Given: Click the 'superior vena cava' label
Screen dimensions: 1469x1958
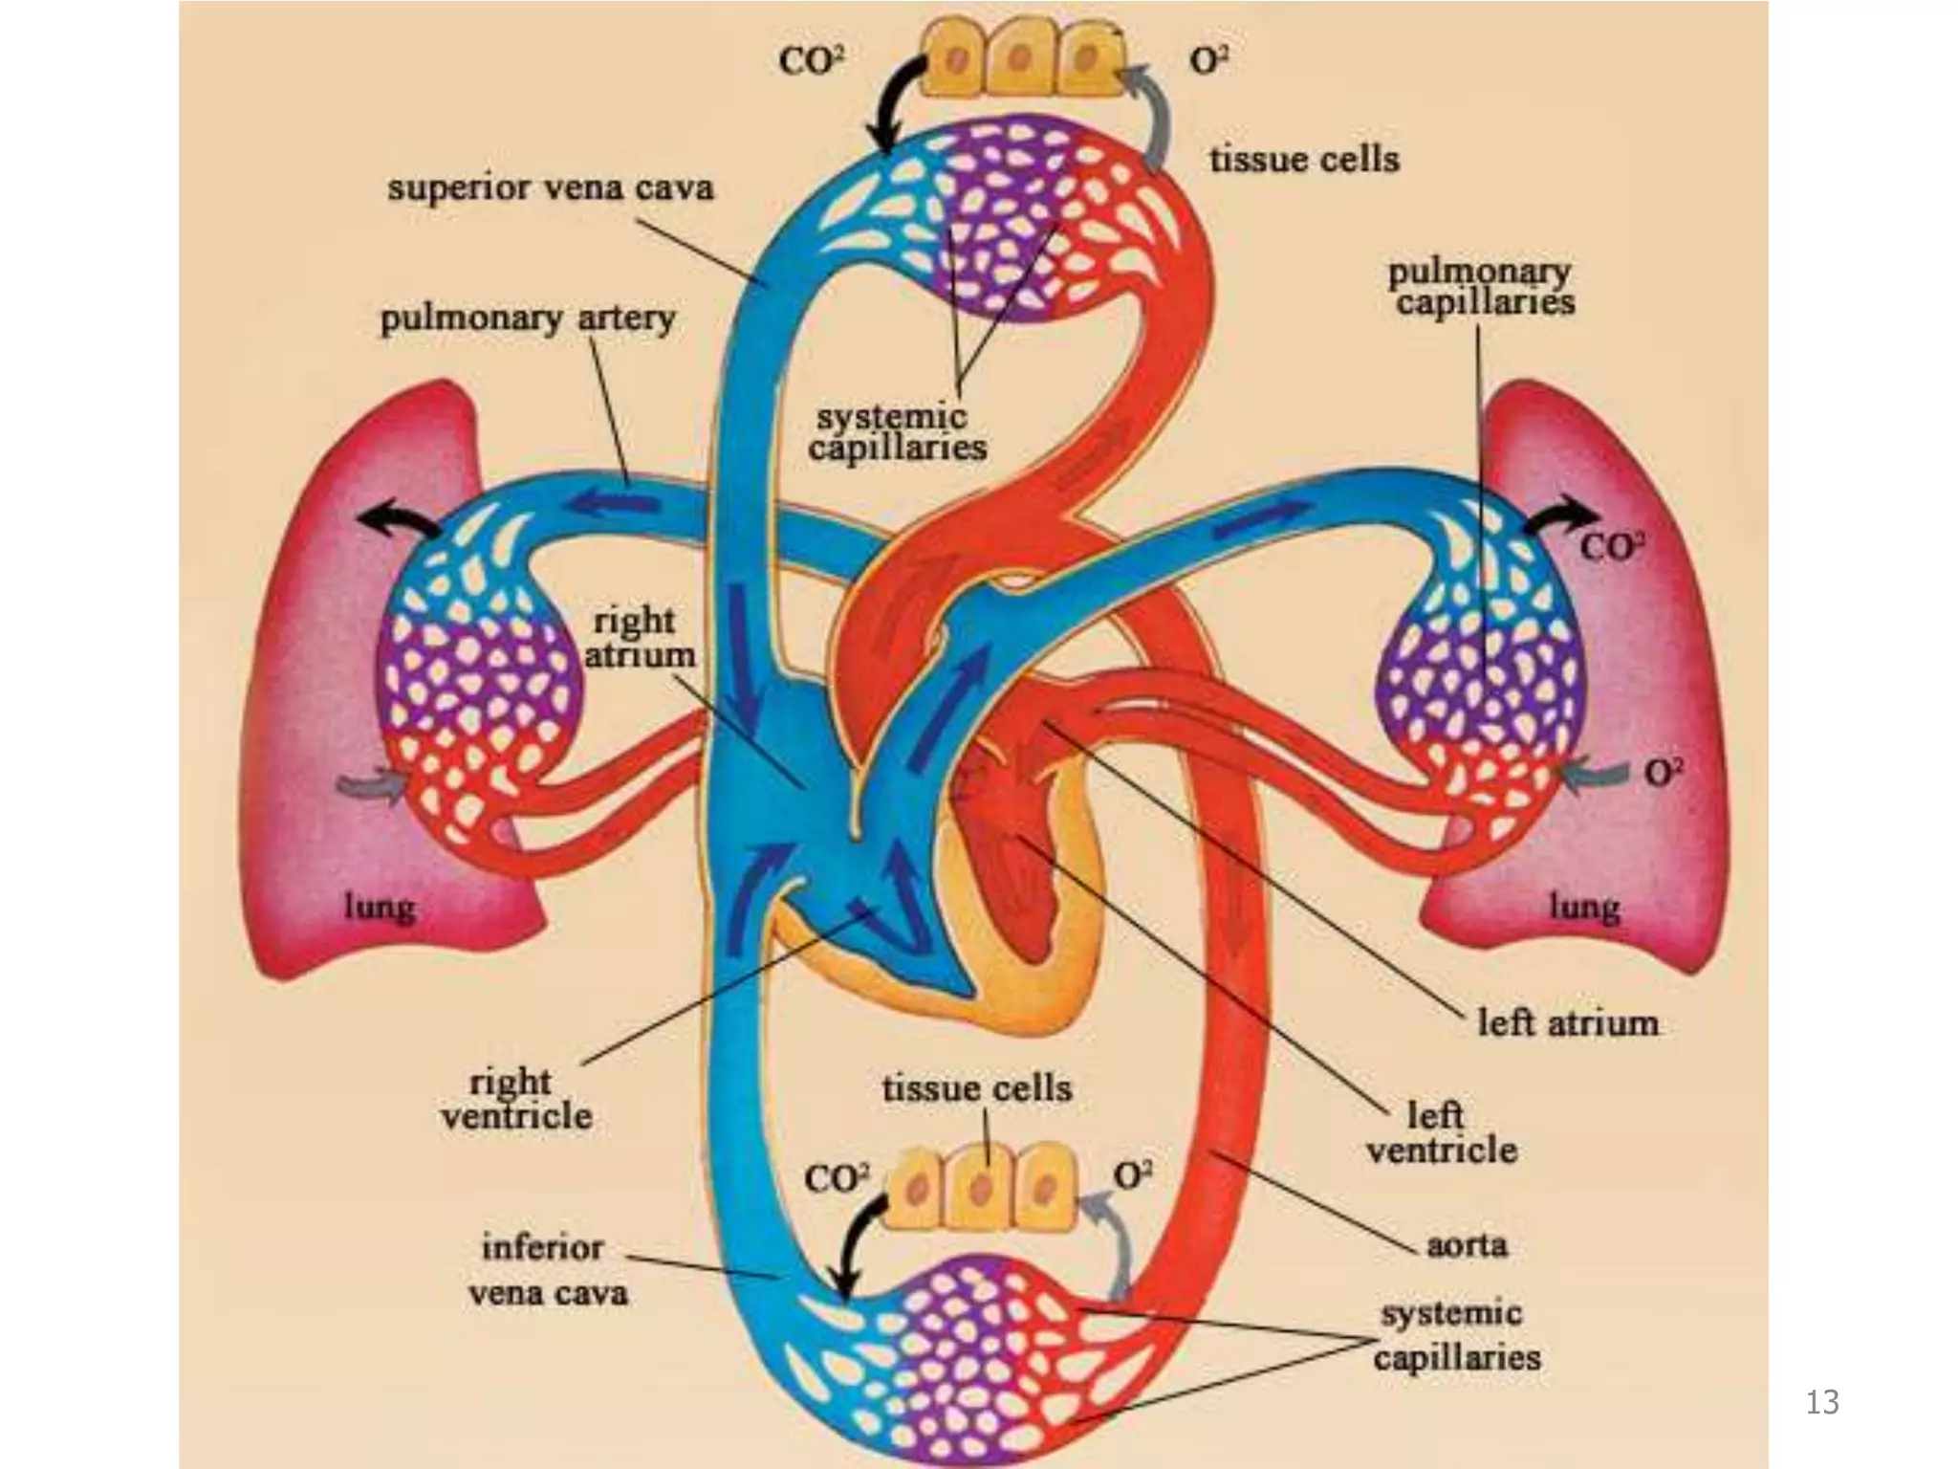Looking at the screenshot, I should pyautogui.click(x=551, y=187).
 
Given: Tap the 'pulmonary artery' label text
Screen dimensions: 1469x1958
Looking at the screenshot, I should pyautogui.click(x=528, y=318).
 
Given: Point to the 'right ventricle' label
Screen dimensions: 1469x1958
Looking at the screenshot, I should pyautogui.click(x=516, y=1099).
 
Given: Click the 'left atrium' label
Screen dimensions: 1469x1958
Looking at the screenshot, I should pyautogui.click(x=1567, y=1023).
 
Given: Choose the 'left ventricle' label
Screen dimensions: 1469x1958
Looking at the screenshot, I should pyautogui.click(x=1441, y=1132).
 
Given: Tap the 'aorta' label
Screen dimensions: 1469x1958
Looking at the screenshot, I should pyautogui.click(x=1467, y=1245).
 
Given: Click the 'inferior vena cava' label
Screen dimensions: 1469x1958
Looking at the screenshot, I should pyautogui.click(x=546, y=1270).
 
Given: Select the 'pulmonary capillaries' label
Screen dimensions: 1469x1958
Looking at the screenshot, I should pyautogui.click(x=1479, y=287).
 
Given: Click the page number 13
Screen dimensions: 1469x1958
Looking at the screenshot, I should pyautogui.click(x=1822, y=1402).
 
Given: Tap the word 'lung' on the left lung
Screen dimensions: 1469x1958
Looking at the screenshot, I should pyautogui.click(x=380, y=907).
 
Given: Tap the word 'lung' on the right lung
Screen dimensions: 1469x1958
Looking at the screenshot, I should pyautogui.click(x=1584, y=907).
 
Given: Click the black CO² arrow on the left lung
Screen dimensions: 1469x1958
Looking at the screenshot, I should pyautogui.click(x=400, y=519).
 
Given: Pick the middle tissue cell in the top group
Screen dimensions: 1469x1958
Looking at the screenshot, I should pyautogui.click(x=1021, y=59).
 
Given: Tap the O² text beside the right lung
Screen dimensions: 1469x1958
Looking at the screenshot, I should pyautogui.click(x=1664, y=773).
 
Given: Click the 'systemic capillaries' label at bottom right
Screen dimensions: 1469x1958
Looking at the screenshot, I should pyautogui.click(x=1455, y=1335).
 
